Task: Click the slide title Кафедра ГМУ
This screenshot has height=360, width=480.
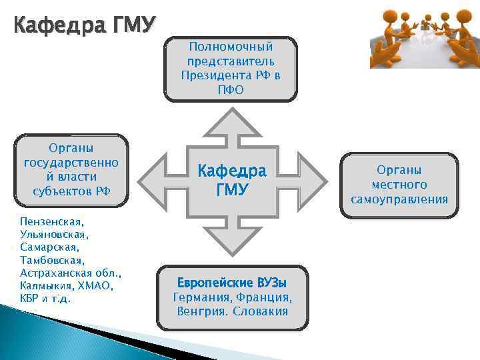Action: tap(84, 26)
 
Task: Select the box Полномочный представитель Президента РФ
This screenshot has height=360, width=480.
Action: tap(231, 68)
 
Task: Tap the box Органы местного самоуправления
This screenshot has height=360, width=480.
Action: tap(400, 185)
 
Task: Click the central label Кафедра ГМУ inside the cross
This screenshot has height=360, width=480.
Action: tap(231, 180)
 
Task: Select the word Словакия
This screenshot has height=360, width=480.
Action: tap(261, 311)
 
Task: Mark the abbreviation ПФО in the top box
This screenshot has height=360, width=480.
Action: tap(231, 89)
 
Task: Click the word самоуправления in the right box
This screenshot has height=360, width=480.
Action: tap(400, 199)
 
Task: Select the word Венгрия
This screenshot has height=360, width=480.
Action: tap(201, 311)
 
